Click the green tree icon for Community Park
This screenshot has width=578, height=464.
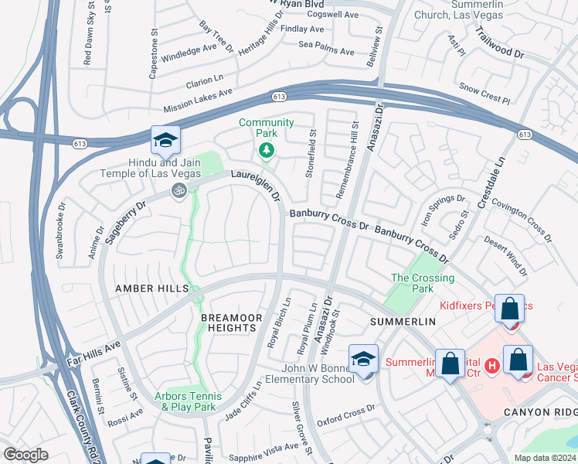pos(267,149)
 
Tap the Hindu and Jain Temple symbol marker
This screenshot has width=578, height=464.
pos(179,189)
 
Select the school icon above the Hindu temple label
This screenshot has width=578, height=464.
pos(165,142)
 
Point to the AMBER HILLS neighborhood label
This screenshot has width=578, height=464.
pos(151,288)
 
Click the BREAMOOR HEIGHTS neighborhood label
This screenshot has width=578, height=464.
pos(228,322)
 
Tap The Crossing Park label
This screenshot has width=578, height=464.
pos(423,283)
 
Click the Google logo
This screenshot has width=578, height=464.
pos(26,454)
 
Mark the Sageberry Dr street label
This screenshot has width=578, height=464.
pos(129,219)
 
